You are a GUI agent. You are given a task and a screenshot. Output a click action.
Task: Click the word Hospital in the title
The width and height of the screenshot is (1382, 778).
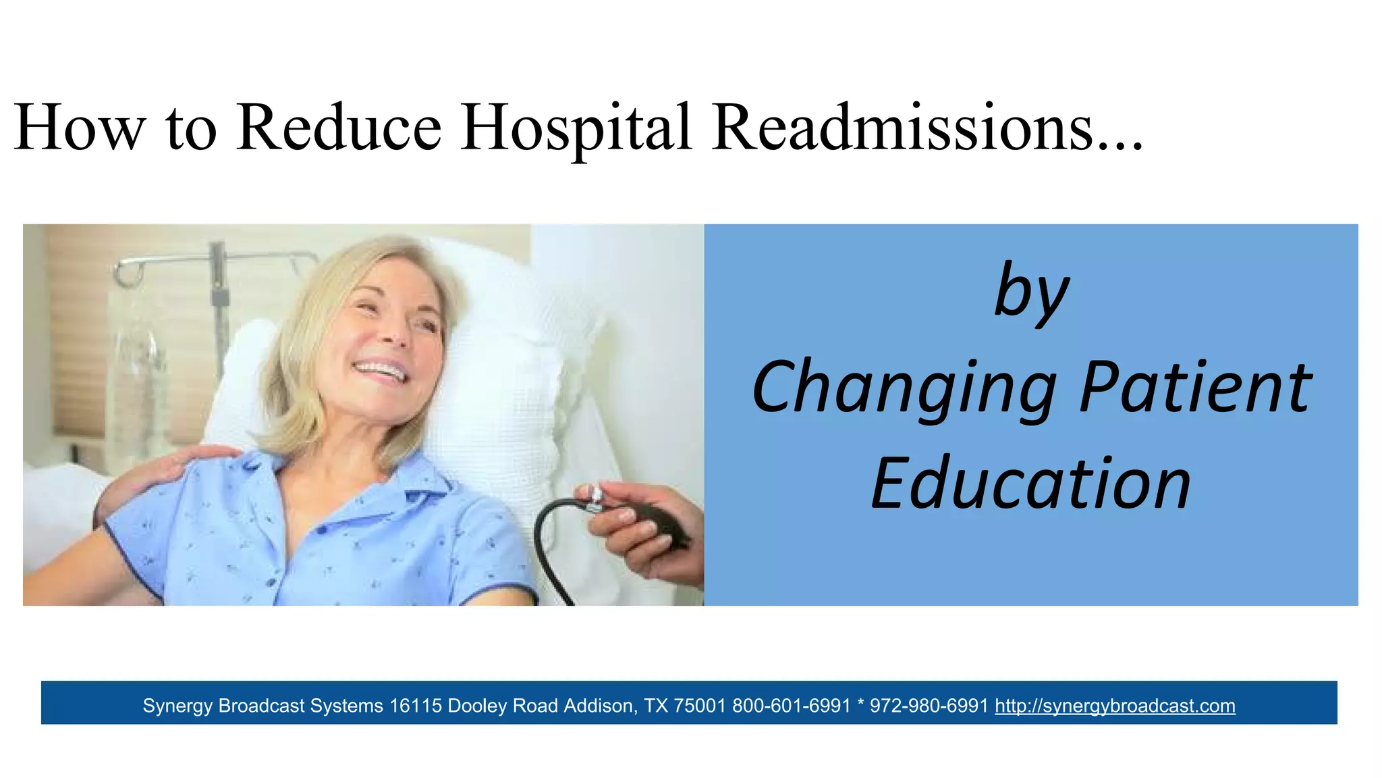(x=576, y=128)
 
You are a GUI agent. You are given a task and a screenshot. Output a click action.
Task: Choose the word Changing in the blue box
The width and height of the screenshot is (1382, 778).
(x=904, y=389)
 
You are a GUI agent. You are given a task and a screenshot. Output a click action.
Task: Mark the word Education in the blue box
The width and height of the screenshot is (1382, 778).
(x=1031, y=484)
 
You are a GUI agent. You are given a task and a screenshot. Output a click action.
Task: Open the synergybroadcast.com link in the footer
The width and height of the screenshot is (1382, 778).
(x=1115, y=706)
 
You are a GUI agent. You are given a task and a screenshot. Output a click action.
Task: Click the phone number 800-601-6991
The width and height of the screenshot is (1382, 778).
(x=791, y=706)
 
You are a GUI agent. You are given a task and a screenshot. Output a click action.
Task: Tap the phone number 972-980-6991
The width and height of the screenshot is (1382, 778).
(x=929, y=706)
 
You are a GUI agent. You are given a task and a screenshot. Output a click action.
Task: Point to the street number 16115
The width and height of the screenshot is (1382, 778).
(x=416, y=706)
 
